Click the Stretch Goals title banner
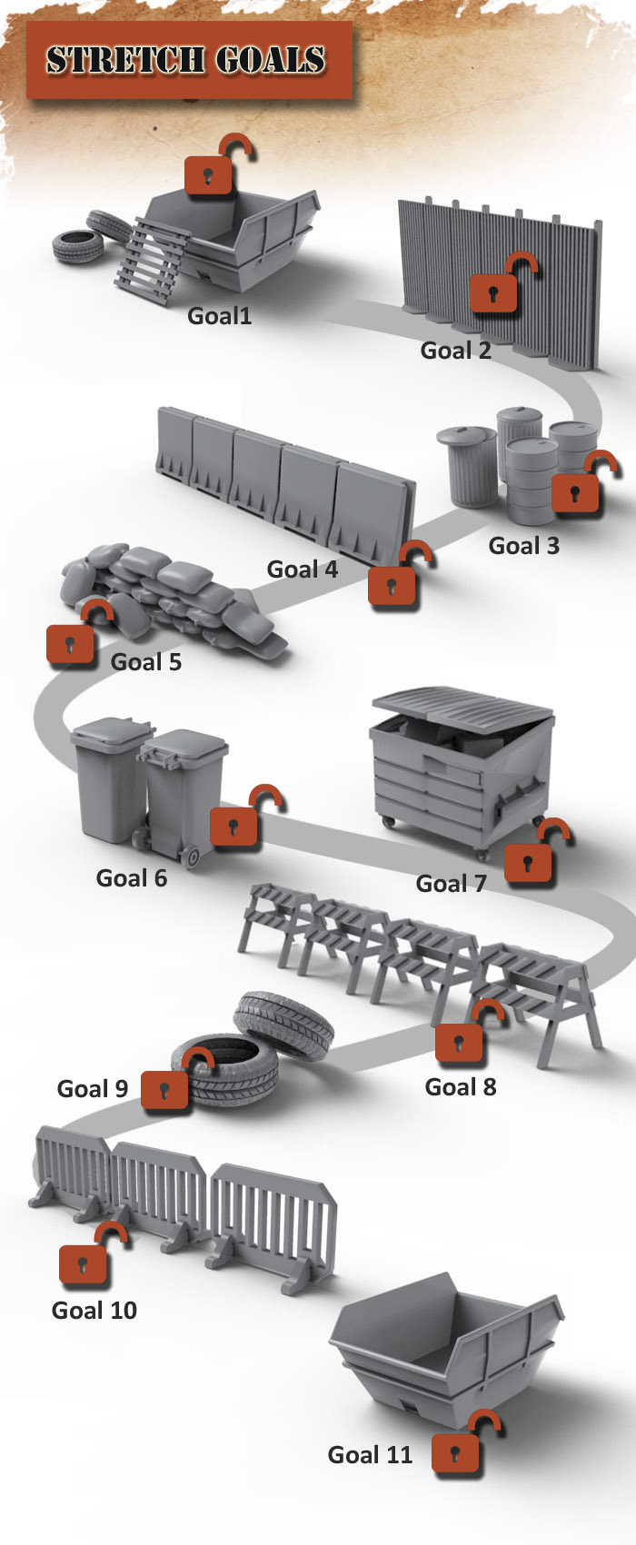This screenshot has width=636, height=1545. click(x=188, y=61)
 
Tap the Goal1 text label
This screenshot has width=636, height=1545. click(x=219, y=316)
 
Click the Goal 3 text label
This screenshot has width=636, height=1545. click(x=523, y=546)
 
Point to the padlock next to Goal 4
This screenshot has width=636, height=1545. click(x=393, y=583)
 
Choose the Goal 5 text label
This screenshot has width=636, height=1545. click(x=145, y=662)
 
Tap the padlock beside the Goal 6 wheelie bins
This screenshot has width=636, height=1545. click(x=235, y=825)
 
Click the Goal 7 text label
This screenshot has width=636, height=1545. click(x=451, y=883)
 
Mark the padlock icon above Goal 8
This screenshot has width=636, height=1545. click(x=460, y=1041)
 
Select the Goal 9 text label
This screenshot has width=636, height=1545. click(x=93, y=1088)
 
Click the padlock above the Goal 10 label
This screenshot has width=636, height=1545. click(x=84, y=1263)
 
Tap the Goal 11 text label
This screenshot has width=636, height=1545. click(x=370, y=1455)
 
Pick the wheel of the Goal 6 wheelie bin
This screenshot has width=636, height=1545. click(x=192, y=856)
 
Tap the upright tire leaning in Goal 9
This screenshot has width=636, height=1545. click(x=283, y=1025)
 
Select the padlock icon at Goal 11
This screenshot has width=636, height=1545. click(x=456, y=1451)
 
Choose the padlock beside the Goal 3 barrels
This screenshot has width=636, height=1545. click(x=576, y=491)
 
